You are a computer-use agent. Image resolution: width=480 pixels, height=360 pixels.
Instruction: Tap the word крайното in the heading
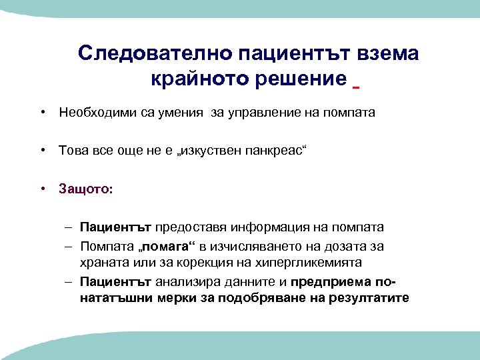189,79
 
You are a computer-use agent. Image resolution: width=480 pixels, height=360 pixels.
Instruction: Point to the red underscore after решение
356,87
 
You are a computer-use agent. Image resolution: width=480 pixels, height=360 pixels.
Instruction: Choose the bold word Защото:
86,189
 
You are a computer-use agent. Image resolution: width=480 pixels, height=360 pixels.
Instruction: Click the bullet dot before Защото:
42,189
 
